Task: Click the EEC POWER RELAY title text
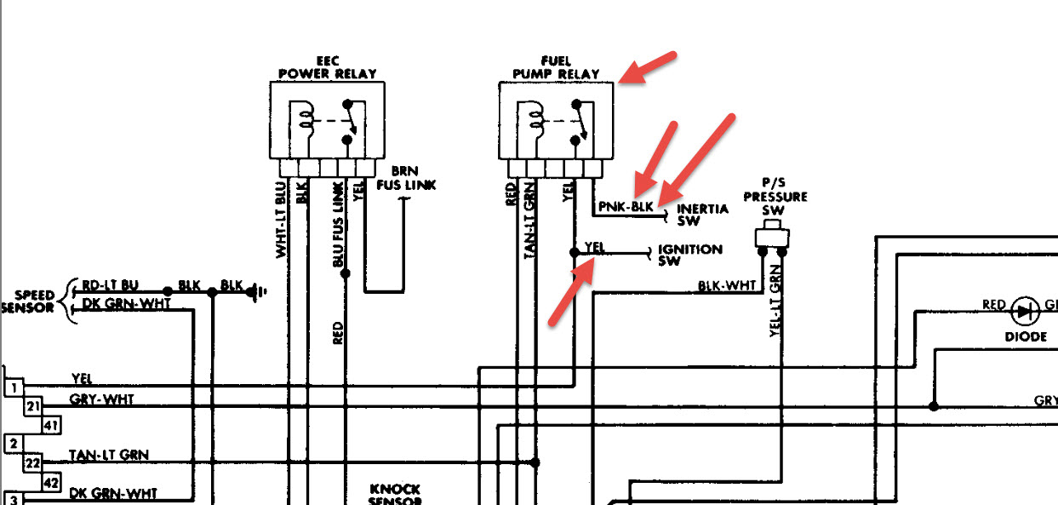point(328,68)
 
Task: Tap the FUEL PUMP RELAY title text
point(557,68)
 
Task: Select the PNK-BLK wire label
point(626,207)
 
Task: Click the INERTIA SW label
point(702,215)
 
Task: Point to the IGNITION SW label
point(690,255)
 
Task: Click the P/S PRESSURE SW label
point(775,197)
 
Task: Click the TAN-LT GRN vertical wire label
point(529,220)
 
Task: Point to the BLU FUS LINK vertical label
point(338,226)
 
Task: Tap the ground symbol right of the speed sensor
point(255,292)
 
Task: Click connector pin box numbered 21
point(32,406)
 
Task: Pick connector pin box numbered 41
point(50,425)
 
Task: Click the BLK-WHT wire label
point(726,287)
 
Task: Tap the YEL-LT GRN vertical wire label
point(775,298)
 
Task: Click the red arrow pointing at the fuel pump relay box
point(648,67)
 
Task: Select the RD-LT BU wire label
point(110,284)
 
